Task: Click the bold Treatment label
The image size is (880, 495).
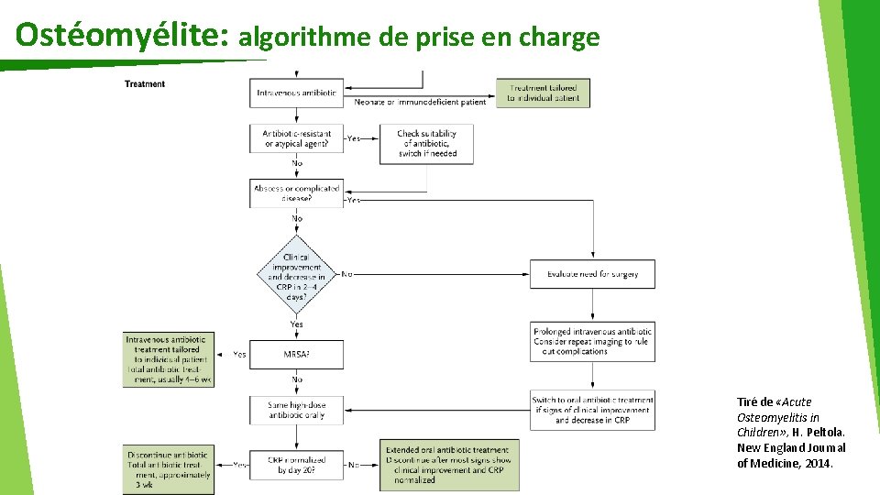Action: [x=145, y=84]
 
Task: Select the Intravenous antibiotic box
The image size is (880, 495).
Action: [x=296, y=93]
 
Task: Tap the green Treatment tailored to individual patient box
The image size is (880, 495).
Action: [x=544, y=93]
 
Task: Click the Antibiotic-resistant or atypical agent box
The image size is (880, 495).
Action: [x=296, y=138]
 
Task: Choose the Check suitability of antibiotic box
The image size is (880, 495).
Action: [x=426, y=144]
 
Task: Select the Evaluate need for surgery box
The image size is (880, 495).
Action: [x=592, y=274]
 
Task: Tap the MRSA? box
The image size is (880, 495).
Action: [x=296, y=354]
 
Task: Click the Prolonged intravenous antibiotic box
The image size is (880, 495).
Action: [x=592, y=341]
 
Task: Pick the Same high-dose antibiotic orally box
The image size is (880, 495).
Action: [x=296, y=410]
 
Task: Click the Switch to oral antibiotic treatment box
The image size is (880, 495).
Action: [x=592, y=409]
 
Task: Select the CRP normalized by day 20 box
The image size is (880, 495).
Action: [x=296, y=465]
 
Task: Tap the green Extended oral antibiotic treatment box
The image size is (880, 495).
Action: [x=449, y=465]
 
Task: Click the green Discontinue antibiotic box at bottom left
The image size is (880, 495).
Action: [x=169, y=468]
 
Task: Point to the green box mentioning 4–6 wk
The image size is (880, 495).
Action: [x=169, y=359]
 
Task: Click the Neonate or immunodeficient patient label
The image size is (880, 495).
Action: [x=420, y=103]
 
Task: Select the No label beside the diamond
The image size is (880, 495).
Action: [x=346, y=273]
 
